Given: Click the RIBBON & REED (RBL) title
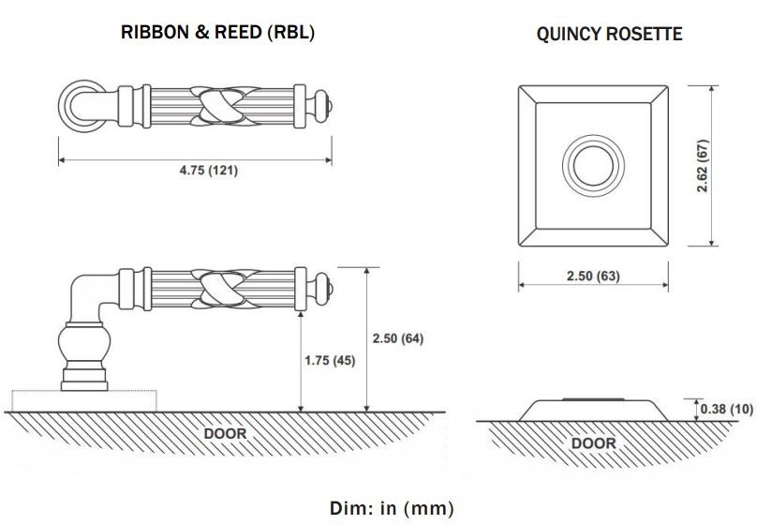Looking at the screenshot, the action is (x=217, y=33).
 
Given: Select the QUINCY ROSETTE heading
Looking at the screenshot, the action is (x=609, y=34).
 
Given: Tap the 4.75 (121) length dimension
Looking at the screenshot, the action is (x=209, y=170).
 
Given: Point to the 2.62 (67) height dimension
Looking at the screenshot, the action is (x=703, y=166).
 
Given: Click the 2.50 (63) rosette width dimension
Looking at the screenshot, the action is (x=593, y=276).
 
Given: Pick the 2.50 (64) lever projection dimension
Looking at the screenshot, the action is (x=398, y=338).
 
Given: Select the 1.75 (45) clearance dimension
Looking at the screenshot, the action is (x=330, y=360).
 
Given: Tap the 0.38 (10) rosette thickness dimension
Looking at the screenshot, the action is (x=727, y=409).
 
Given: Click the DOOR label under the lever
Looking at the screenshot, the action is (x=225, y=433).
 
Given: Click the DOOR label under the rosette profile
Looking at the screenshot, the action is (x=593, y=442).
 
